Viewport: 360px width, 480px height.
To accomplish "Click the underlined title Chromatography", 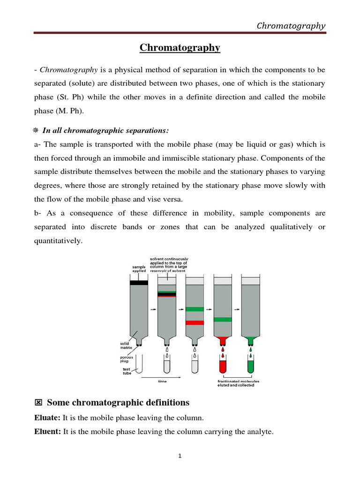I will click(x=180, y=48).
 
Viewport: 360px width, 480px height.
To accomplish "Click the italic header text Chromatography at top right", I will click(x=291, y=26).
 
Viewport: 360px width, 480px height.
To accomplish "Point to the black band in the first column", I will click(x=139, y=283).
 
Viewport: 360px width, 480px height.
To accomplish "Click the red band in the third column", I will click(x=195, y=322).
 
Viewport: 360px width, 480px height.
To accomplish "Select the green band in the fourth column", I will click(x=222, y=319).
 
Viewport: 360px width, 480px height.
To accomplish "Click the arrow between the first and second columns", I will click(x=153, y=309).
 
